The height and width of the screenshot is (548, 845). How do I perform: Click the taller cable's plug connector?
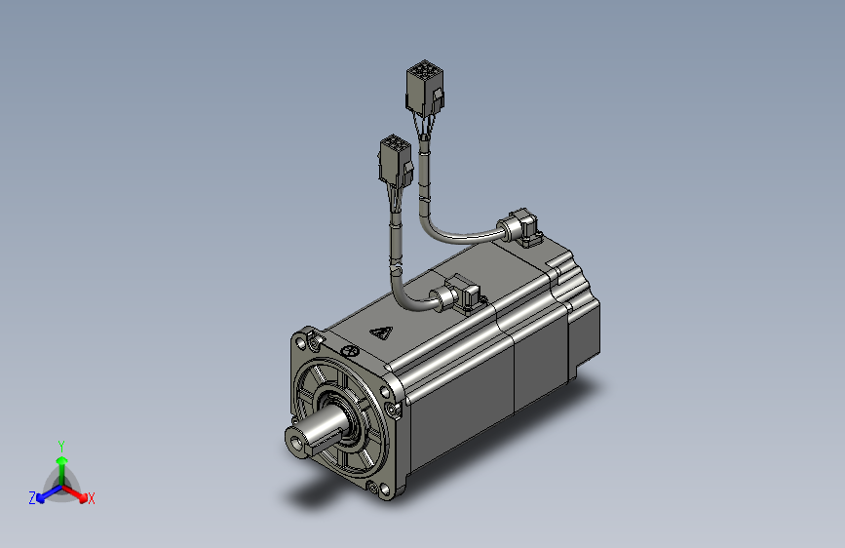click(x=425, y=88)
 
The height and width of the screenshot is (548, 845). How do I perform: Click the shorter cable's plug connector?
click(x=396, y=161)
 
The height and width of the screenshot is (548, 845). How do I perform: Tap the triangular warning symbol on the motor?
click(x=381, y=333)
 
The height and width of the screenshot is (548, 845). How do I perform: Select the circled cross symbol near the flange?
click(x=351, y=351)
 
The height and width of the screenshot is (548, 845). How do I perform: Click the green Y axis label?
click(x=61, y=447)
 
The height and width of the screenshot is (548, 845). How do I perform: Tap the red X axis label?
click(x=91, y=498)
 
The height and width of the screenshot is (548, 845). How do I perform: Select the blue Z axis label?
click(x=32, y=498)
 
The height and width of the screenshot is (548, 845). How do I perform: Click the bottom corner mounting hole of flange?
click(x=385, y=489)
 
